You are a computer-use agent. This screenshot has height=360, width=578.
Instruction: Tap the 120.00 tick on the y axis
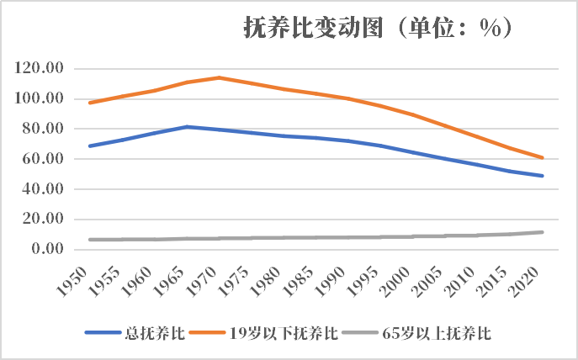40,69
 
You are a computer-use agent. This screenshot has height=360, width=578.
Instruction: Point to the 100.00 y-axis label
40,99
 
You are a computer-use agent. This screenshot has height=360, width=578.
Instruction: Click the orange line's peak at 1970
219,77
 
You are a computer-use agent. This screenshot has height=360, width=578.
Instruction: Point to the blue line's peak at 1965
187,127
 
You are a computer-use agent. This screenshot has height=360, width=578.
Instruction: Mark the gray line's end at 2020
543,232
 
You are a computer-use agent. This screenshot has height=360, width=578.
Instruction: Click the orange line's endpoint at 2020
543,157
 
